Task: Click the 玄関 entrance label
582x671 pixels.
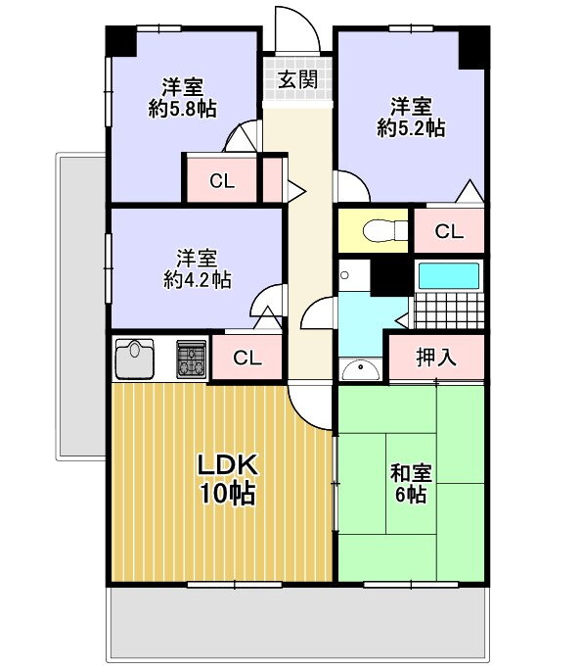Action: tap(297, 79)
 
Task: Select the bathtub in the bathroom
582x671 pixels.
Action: tap(448, 276)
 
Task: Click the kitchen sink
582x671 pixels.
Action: tap(135, 359)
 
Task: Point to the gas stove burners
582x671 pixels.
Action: tap(192, 359)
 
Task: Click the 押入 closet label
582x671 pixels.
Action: tap(436, 357)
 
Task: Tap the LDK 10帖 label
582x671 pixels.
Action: tap(227, 479)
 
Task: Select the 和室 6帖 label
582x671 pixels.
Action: tap(411, 483)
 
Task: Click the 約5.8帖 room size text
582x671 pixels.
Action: tap(183, 109)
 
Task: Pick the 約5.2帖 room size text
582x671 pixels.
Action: tap(411, 128)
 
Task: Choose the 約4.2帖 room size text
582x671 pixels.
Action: tap(198, 280)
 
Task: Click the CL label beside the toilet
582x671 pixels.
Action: tap(449, 231)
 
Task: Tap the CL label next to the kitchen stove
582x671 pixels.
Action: tap(247, 358)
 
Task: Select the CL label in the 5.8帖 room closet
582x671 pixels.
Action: tap(222, 181)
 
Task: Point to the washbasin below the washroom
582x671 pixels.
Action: tap(361, 370)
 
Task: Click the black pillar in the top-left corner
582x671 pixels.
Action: tap(121, 41)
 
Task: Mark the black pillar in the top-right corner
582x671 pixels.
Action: tap(473, 47)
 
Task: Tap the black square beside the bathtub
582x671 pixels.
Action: tap(391, 278)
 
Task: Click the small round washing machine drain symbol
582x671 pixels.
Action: tap(344, 275)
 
